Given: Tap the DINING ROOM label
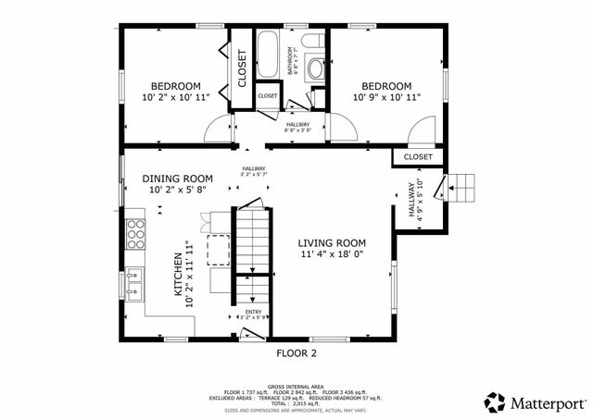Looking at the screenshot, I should click(177, 179).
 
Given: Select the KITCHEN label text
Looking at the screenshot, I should click(179, 275).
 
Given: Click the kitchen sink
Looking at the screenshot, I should click(135, 283).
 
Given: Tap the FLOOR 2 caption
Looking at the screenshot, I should click(296, 353).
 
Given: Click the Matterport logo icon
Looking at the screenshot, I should click(496, 402).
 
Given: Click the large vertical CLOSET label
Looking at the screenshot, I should click(243, 69).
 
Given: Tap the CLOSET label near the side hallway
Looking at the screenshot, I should click(418, 157).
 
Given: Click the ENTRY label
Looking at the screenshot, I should click(253, 312).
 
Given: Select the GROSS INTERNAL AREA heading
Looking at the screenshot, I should click(296, 386).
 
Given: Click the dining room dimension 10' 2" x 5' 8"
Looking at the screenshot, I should click(177, 191).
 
